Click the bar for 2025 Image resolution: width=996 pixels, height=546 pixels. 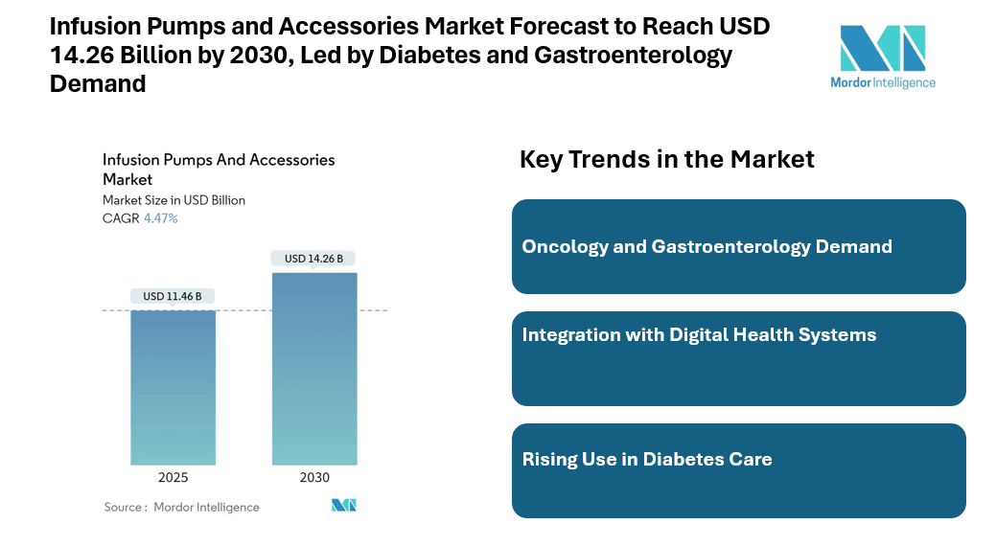(x=173, y=387)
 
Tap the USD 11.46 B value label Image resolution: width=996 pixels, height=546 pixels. (x=173, y=296)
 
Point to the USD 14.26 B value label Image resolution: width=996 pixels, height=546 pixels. (x=314, y=259)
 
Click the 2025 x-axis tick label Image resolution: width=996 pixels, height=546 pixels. (x=173, y=478)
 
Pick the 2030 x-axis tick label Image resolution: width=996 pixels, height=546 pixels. (x=314, y=478)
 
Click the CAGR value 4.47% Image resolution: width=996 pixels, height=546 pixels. (x=161, y=218)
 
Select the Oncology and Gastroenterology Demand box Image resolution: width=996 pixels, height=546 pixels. (x=738, y=246)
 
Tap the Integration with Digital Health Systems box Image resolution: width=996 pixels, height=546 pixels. (x=738, y=358)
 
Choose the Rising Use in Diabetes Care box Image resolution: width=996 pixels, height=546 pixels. (x=738, y=470)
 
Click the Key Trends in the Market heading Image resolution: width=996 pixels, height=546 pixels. (x=666, y=159)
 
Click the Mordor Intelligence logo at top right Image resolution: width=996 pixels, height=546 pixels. (x=883, y=56)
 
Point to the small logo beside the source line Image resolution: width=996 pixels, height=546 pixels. (x=344, y=506)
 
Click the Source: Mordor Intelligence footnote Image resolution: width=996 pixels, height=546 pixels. (x=181, y=507)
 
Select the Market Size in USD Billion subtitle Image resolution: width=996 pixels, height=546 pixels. (x=174, y=200)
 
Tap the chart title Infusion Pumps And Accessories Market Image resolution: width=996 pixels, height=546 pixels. (x=219, y=169)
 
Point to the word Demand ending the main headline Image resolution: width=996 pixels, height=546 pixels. (x=98, y=83)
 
